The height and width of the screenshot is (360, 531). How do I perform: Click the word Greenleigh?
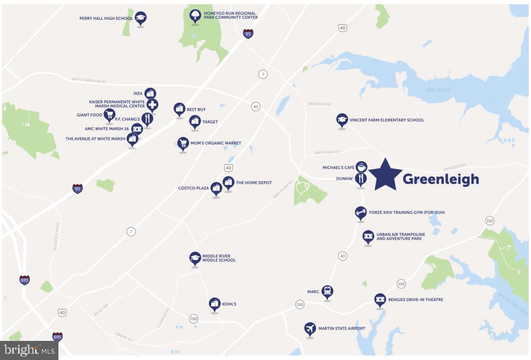point(441,179)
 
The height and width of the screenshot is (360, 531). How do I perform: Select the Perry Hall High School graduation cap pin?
point(140,19)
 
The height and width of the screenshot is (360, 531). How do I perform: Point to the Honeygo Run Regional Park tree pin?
point(195,16)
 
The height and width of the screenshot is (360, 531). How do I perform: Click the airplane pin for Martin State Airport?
point(310,329)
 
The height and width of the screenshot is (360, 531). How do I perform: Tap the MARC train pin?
point(328,292)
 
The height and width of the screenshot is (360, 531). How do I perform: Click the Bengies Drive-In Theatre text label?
point(416,300)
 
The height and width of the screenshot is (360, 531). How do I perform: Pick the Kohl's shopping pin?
point(215,304)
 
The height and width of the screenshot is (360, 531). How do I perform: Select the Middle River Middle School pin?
point(195,259)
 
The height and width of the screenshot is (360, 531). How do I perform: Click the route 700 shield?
point(194,319)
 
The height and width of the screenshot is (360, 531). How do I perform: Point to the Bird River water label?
point(438,90)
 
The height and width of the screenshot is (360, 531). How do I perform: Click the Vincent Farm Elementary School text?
point(387,120)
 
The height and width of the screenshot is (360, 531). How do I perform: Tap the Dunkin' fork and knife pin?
point(361,179)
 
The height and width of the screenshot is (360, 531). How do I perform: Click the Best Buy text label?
point(196,109)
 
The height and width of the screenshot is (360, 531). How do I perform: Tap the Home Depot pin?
point(228,183)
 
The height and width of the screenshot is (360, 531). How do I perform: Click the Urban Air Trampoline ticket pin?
point(368,237)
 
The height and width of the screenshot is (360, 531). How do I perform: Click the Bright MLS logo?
point(29,350)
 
